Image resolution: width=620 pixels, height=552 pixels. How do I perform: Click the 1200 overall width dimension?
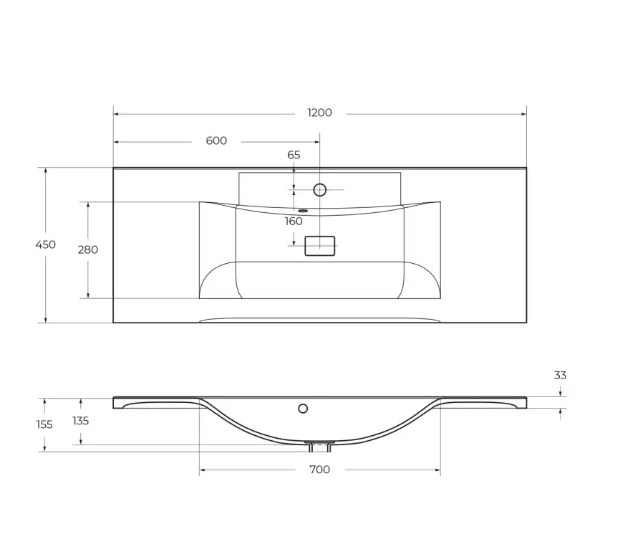coord(319,113)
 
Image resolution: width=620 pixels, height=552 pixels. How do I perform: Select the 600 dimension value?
coord(216,141)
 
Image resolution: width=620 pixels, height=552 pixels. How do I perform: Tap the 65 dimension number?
coord(294,155)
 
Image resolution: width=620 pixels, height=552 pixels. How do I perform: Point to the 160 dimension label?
coord(294,222)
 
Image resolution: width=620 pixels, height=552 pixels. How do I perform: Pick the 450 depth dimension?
coord(46,245)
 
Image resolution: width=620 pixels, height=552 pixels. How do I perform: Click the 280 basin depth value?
coord(88,250)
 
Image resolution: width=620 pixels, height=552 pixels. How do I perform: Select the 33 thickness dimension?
coord(560,375)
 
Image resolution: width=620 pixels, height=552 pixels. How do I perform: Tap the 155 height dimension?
coord(44,424)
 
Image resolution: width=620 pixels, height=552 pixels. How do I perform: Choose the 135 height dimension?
coord(80,421)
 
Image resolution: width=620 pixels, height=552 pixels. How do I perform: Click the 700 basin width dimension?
coord(319,470)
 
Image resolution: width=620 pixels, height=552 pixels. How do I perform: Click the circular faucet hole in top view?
coord(320,190)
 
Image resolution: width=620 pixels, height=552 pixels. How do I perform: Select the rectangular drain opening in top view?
coord(320,246)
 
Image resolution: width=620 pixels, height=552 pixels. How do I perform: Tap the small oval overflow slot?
coord(304,211)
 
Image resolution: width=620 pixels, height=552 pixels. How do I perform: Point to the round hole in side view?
coord(303,409)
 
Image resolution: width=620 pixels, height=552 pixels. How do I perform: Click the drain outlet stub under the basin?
coord(319,447)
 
